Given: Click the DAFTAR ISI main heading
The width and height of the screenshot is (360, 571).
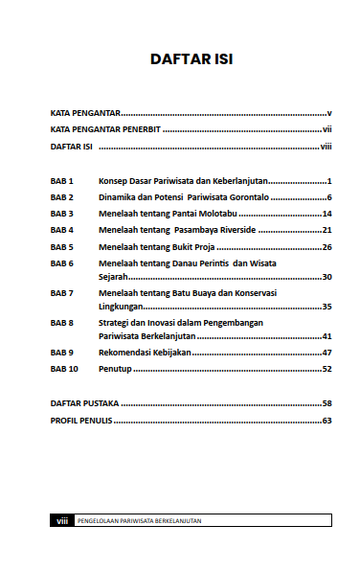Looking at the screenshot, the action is [191, 59].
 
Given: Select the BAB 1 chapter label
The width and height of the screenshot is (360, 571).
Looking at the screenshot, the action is [62, 180].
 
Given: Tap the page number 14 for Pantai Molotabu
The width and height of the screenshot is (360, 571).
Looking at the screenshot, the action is [326, 214].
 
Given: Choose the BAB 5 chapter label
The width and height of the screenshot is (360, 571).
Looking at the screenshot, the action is [62, 246].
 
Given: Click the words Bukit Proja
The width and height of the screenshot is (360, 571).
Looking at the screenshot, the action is [191, 246].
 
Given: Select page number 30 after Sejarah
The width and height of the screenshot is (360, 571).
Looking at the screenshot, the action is [326, 277].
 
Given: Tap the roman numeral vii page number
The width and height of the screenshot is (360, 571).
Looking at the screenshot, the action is [326, 128].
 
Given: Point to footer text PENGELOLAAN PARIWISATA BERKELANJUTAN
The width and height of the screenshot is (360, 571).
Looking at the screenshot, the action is [146, 521].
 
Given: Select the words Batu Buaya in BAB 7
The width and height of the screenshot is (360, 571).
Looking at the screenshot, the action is [223, 292].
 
